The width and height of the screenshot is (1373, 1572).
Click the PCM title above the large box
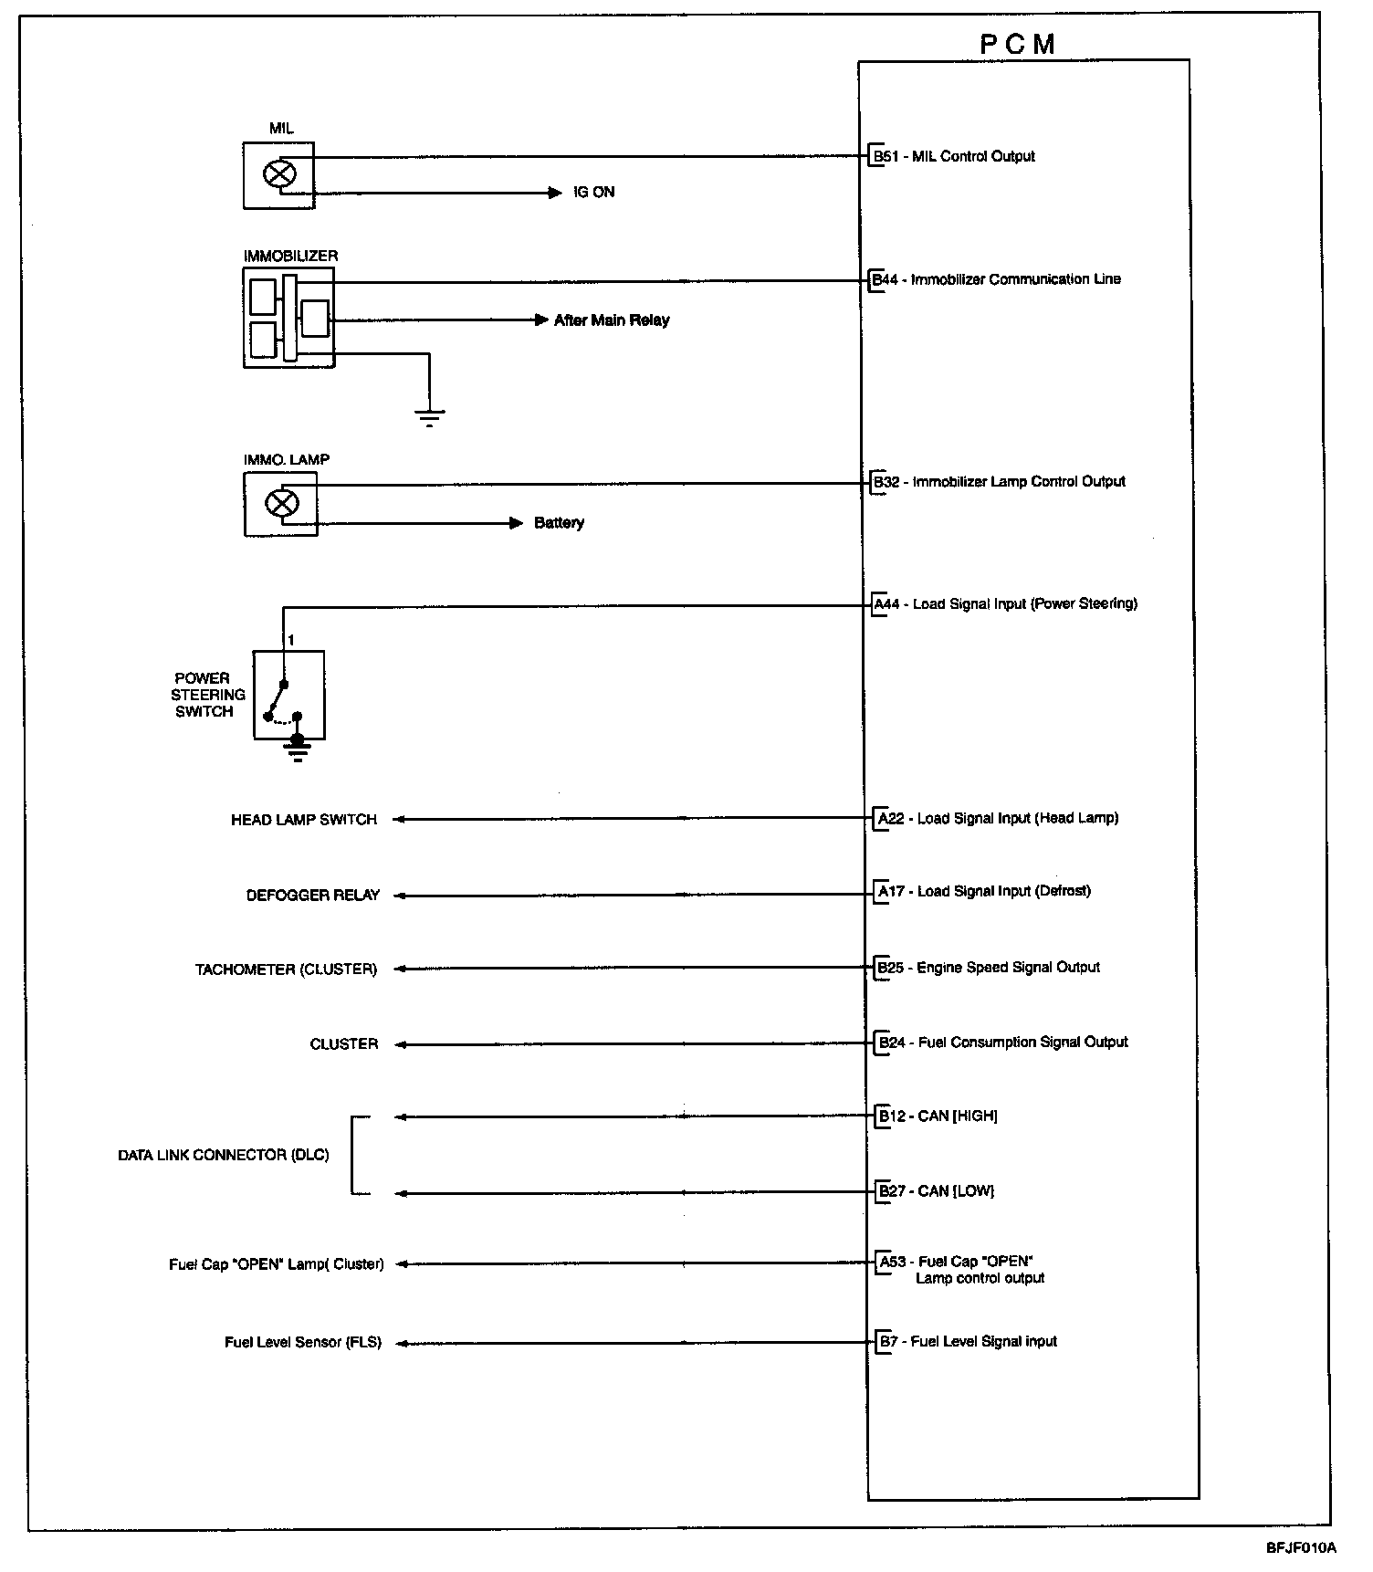tap(1018, 45)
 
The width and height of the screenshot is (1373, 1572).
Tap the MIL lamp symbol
tap(279, 173)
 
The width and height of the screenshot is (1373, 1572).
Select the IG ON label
tap(593, 193)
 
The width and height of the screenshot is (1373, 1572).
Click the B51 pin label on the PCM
tap(885, 156)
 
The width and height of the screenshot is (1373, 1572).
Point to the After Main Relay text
tap(612, 320)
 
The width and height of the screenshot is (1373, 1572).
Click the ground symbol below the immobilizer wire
tap(429, 417)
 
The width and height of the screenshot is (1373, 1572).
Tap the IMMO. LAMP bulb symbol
tap(280, 503)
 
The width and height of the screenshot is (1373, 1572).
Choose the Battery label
tap(559, 523)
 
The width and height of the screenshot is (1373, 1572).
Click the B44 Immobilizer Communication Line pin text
tap(997, 279)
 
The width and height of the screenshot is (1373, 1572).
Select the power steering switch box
tap(288, 695)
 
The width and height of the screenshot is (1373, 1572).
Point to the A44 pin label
tap(887, 604)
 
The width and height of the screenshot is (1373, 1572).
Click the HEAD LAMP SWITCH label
tap(304, 820)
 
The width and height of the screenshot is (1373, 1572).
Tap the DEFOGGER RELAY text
tap(313, 896)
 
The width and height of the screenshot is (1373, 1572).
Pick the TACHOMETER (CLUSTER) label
tap(286, 969)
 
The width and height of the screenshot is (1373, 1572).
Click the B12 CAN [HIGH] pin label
tap(938, 1116)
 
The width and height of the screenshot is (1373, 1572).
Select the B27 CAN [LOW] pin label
tap(936, 1191)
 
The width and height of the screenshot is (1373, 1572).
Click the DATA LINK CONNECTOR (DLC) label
tap(224, 1155)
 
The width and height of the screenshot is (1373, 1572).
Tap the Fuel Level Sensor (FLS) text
tap(303, 1343)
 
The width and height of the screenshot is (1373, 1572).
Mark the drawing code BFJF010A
tap(1301, 1548)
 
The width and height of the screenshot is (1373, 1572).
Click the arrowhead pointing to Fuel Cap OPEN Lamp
tap(400, 1264)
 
